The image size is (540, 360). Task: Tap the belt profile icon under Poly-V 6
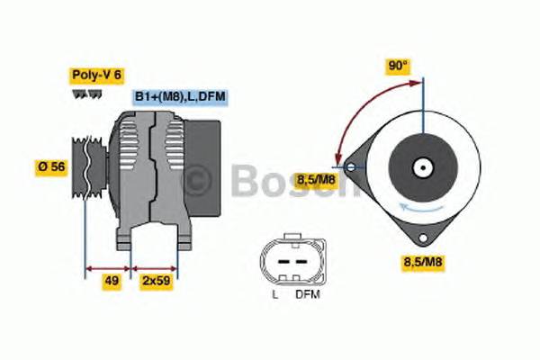[82, 94]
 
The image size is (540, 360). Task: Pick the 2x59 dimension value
[155, 282]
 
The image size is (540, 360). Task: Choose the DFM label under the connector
[307, 293]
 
